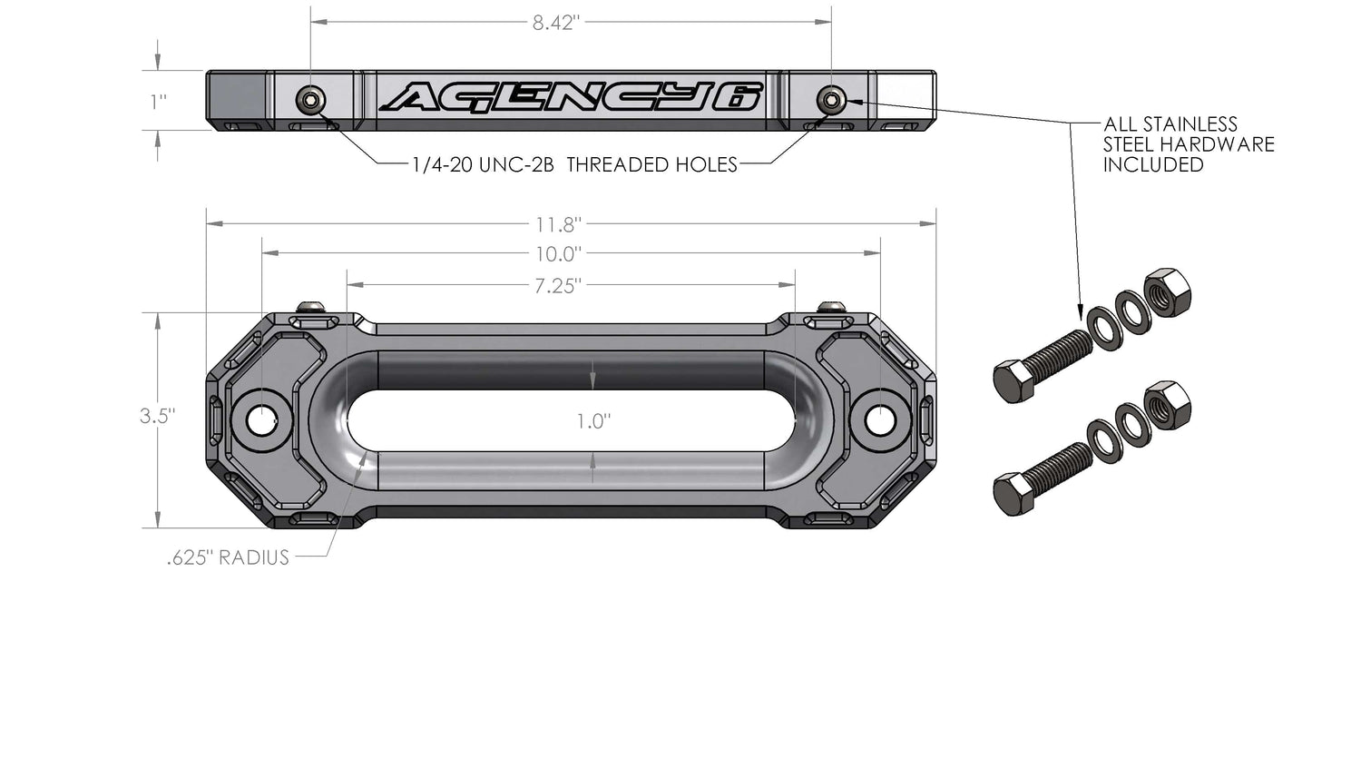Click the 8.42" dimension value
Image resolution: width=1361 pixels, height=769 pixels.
click(x=555, y=23)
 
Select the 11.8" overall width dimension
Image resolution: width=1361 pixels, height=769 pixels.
click(x=558, y=224)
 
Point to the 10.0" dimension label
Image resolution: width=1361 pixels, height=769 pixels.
click(x=558, y=254)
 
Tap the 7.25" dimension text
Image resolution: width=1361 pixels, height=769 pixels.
click(x=557, y=286)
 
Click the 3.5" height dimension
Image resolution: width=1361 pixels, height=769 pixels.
click(x=157, y=417)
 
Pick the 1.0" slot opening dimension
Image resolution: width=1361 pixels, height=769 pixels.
click(x=593, y=421)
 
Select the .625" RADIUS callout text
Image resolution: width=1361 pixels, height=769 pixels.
click(x=228, y=557)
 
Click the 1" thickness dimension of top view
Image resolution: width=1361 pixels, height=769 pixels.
click(x=159, y=101)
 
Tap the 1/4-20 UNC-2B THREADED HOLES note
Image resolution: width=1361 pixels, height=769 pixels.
click(x=574, y=165)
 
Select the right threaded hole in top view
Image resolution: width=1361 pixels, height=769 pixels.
click(x=829, y=99)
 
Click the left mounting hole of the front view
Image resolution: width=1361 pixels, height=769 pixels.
click(x=262, y=420)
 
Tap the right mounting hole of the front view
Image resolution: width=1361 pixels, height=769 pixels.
click(x=878, y=420)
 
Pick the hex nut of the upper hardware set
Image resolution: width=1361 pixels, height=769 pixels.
click(x=1167, y=292)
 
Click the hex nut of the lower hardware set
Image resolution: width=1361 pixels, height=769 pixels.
click(x=1167, y=405)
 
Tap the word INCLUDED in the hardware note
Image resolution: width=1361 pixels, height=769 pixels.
click(x=1153, y=165)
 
